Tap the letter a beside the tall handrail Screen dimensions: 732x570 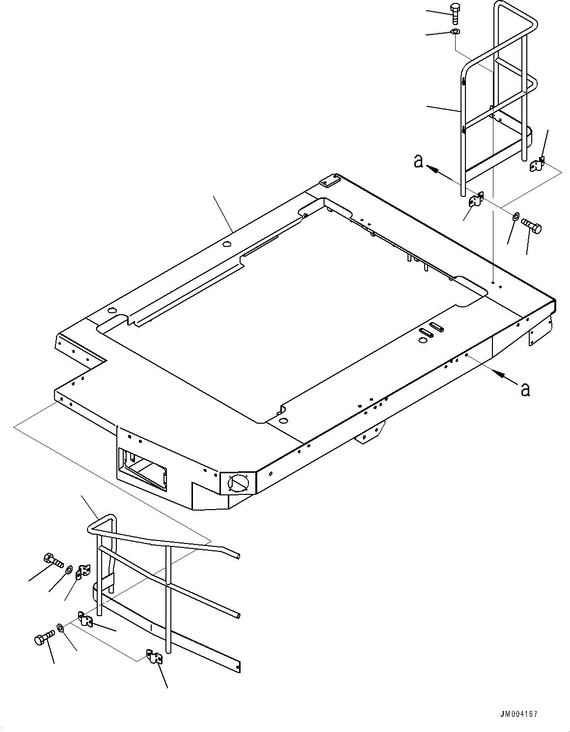(418, 161)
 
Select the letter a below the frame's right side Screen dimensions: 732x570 (525, 389)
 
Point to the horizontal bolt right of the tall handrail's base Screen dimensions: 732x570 (531, 226)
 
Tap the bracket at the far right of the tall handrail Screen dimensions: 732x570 (538, 164)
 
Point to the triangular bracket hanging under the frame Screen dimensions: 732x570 (370, 433)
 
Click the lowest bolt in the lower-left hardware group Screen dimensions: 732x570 (43, 640)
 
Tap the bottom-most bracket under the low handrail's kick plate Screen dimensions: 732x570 (154, 656)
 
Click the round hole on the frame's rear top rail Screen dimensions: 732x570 (226, 244)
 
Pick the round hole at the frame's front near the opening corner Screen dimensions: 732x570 (282, 421)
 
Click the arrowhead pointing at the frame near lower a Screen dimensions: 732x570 (500, 375)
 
